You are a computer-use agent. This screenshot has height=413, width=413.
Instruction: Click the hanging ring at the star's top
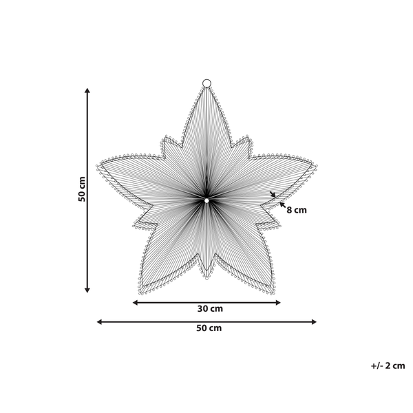[x=206, y=83]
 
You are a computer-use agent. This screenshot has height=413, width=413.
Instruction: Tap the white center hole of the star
[x=206, y=200]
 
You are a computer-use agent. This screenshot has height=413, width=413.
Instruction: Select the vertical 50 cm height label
[x=82, y=189]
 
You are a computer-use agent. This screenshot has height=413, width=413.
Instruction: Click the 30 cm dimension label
[x=206, y=309]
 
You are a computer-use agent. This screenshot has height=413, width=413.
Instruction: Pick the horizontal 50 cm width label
[x=206, y=328]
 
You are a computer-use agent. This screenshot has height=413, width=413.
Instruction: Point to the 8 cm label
[x=297, y=210]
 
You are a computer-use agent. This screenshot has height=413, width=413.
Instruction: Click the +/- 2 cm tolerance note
[x=388, y=366]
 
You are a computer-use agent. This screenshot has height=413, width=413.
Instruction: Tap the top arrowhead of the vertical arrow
[x=87, y=90]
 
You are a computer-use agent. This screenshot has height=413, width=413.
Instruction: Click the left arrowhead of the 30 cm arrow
[x=135, y=302]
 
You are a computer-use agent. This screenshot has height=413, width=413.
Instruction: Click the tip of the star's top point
[x=206, y=89]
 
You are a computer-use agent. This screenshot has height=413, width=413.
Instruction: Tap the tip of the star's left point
[x=98, y=165]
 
